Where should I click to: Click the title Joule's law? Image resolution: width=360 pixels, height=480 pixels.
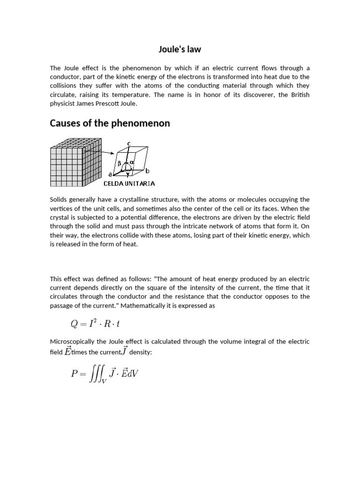[180, 49]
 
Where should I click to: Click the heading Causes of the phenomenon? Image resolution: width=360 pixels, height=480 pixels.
[110, 123]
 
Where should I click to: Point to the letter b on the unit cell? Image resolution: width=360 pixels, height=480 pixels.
[146, 171]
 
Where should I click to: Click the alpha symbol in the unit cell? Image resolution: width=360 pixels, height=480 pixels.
[132, 162]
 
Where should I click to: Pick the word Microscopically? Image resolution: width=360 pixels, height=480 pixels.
[75, 342]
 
